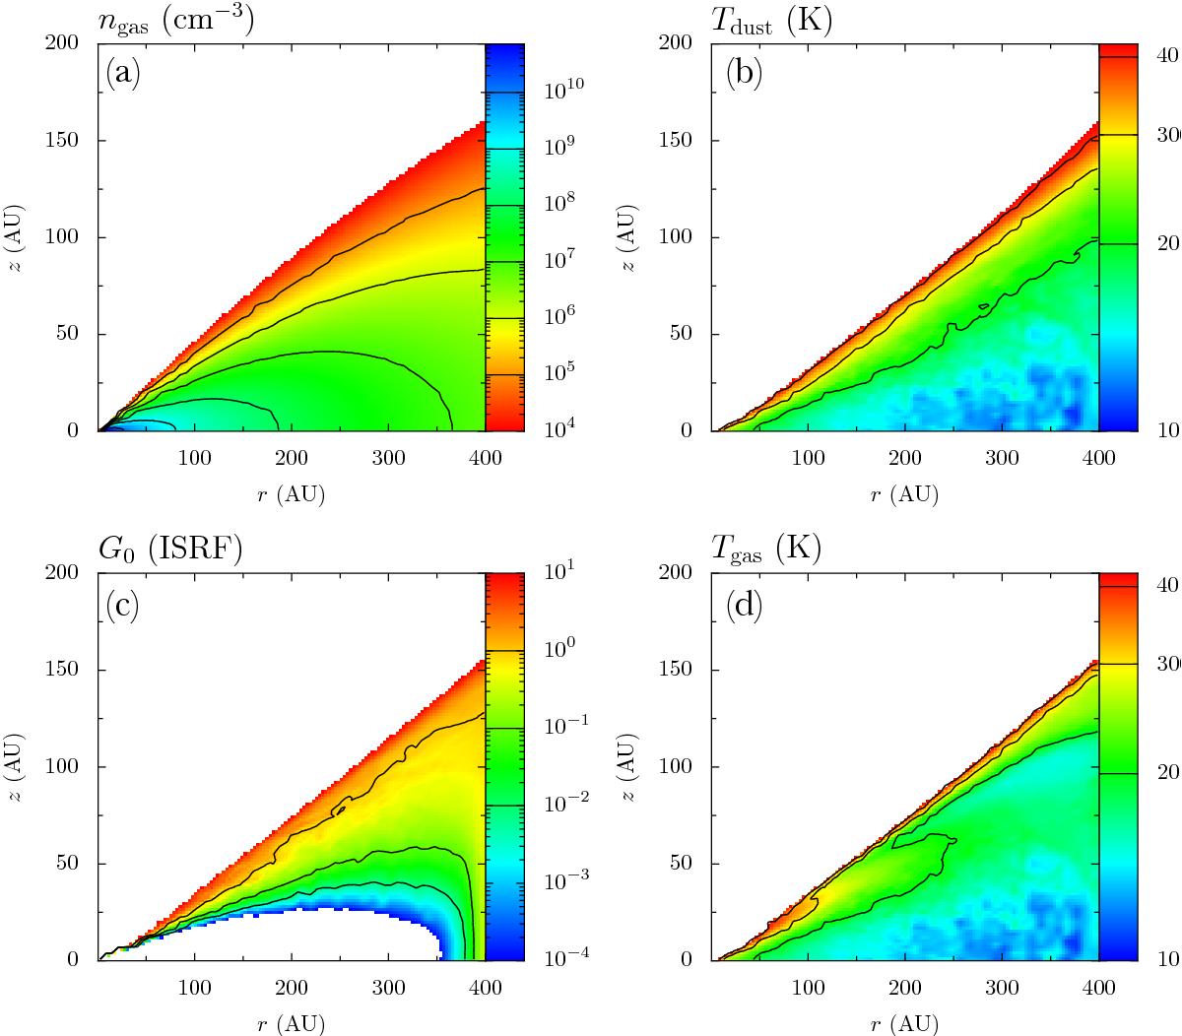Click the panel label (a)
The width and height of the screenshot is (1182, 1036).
[x=124, y=75]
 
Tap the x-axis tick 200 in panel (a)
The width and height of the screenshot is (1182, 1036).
[x=291, y=458]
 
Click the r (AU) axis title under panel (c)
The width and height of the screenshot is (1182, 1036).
[x=291, y=1023]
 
